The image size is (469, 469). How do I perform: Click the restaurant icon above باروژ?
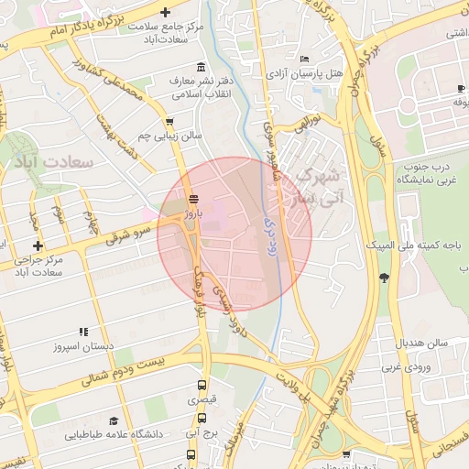[x=191, y=199]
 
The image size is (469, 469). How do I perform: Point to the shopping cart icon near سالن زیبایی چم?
[x=169, y=121]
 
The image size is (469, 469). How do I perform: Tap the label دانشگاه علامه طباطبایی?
[x=114, y=433]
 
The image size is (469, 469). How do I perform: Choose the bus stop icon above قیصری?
[x=202, y=386]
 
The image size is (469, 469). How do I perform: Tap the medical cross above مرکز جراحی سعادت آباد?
[x=38, y=245]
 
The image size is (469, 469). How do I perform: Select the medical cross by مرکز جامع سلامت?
[x=165, y=13]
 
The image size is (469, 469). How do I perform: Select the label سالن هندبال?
[x=421, y=343]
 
